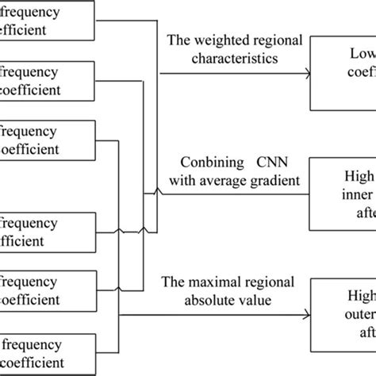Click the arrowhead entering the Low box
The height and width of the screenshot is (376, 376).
[x=306, y=74]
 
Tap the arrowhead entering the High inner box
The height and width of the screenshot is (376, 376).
[x=306, y=194]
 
